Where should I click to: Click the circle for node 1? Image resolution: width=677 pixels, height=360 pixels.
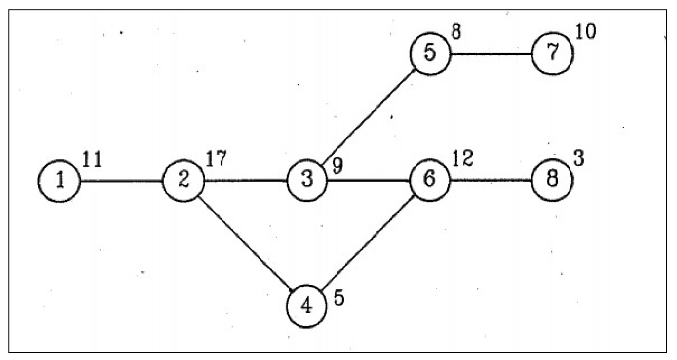[59, 181]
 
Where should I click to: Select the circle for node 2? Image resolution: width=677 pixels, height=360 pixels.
[184, 180]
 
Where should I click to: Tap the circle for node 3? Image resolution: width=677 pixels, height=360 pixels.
[307, 180]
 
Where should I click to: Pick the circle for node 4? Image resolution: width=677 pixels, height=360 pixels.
[307, 306]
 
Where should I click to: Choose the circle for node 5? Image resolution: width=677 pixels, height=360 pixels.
[430, 54]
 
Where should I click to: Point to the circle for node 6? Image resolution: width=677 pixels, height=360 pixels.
[430, 180]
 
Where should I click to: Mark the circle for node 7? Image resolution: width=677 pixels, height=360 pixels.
[552, 54]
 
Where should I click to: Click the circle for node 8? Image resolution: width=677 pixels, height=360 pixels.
[552, 180]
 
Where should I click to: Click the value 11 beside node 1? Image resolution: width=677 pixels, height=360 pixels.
[92, 160]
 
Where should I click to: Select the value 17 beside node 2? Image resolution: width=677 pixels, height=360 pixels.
[216, 159]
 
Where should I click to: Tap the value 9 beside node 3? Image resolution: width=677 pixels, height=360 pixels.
[337, 166]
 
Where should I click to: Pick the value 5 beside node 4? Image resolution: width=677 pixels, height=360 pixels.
[338, 298]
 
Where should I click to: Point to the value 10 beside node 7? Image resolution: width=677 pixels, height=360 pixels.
[586, 32]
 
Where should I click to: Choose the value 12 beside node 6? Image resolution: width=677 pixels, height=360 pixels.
[463, 159]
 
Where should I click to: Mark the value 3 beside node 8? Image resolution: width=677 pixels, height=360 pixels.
[579, 159]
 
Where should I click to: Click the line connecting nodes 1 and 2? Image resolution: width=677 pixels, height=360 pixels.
[121, 181]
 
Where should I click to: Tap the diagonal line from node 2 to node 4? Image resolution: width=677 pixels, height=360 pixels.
[245, 243]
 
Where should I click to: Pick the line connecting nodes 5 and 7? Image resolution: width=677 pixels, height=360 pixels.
[491, 54]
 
